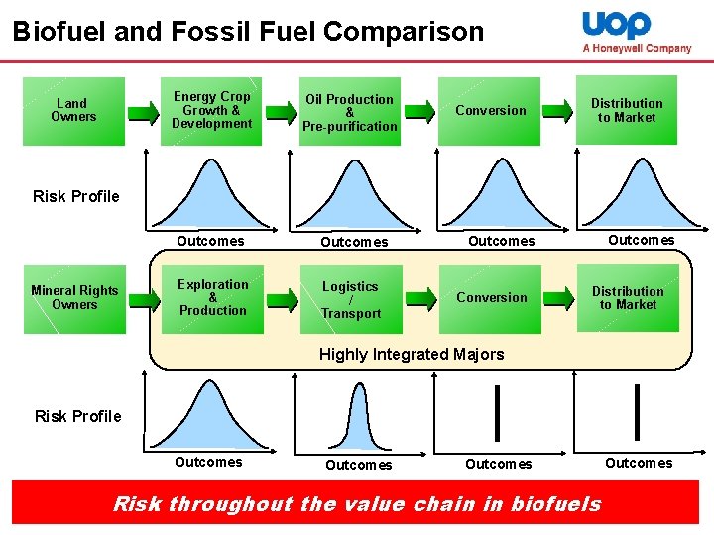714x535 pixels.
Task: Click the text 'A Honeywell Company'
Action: (x=637, y=48)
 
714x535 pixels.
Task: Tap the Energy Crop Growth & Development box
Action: (x=211, y=110)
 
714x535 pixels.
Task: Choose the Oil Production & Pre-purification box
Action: (x=350, y=112)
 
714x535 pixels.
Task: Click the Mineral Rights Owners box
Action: (x=74, y=297)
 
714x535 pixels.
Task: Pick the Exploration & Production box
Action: (x=212, y=297)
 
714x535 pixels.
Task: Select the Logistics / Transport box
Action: (x=350, y=299)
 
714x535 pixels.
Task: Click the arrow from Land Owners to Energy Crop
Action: (x=143, y=111)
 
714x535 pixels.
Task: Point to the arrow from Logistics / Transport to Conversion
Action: (x=420, y=298)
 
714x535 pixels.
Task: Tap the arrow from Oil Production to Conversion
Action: (x=420, y=111)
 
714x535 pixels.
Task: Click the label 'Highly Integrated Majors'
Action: (x=411, y=354)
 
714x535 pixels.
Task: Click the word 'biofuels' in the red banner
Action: (x=555, y=504)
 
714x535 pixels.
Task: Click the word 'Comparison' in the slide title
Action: (x=405, y=32)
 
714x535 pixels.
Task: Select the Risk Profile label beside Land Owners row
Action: (x=76, y=196)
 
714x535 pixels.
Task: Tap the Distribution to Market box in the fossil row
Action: (x=628, y=298)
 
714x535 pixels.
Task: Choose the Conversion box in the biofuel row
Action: (x=491, y=110)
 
